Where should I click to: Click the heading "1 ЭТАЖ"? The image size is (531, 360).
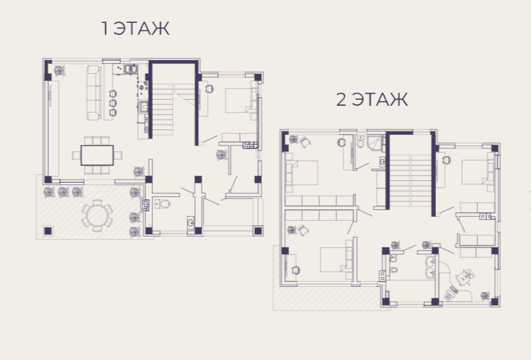tap(135, 28)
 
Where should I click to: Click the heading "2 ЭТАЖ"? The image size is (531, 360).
tap(372, 100)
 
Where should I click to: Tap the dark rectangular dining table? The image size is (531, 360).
tap(97, 155)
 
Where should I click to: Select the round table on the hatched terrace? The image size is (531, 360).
tap(97, 215)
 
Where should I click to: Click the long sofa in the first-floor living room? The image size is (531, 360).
tap(94, 92)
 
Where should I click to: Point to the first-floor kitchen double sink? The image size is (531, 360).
tap(130, 69)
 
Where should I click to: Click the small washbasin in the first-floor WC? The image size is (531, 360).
tap(191, 222)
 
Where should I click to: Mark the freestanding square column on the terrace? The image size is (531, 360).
tap(48, 231)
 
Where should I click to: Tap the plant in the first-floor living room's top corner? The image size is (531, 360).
tap(60, 71)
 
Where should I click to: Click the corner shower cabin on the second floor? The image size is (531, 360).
tap(375, 142)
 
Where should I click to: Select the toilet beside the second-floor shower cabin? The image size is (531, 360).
tap(361, 142)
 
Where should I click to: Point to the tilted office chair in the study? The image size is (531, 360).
tap(465, 277)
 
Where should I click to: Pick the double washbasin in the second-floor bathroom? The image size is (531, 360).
tap(430, 267)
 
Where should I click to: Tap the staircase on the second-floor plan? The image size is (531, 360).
tap(411, 181)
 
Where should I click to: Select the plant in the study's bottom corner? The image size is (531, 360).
tap(485, 295)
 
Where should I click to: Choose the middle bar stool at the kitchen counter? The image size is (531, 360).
tap(113, 103)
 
